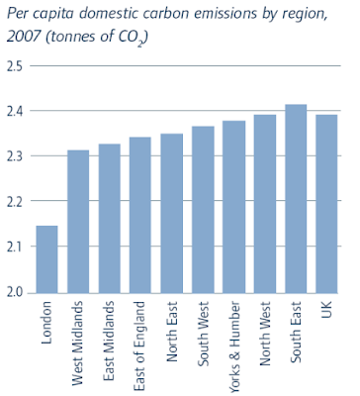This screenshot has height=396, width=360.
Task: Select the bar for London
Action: (x=46, y=259)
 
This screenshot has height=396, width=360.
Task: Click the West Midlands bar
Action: (x=78, y=222)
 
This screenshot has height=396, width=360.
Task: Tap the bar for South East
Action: (x=296, y=199)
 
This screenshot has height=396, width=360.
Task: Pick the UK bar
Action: (x=326, y=204)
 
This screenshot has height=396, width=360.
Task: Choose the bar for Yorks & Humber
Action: (x=233, y=207)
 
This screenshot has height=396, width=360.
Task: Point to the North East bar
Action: (x=171, y=214)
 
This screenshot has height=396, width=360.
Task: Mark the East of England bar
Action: (x=140, y=215)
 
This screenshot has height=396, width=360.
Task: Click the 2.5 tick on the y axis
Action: (x=15, y=66)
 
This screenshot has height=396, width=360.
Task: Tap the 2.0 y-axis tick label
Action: (x=15, y=292)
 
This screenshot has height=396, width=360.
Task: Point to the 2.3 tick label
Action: (x=15, y=155)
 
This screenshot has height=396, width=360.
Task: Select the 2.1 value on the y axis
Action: (x=15, y=247)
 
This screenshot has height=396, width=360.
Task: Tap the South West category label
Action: (x=203, y=334)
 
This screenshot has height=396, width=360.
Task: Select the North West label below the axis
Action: (x=265, y=334)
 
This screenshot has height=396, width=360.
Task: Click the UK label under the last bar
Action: (x=326, y=309)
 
